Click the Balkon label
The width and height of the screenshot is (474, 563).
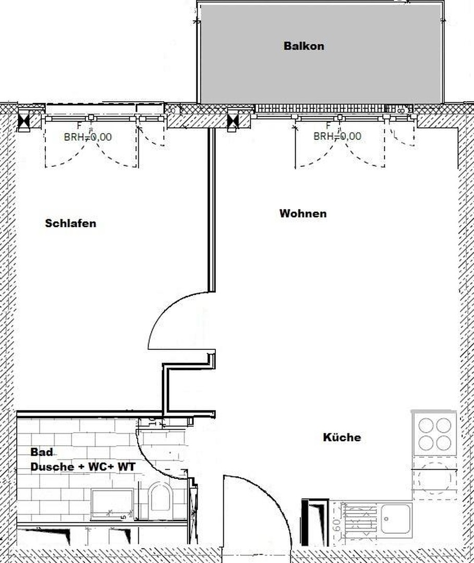pyautogui.click(x=303, y=46)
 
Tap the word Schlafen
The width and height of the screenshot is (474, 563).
pyautogui.click(x=70, y=224)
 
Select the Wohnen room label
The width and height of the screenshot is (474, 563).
pyautogui.click(x=303, y=214)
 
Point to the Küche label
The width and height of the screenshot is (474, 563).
pyautogui.click(x=342, y=437)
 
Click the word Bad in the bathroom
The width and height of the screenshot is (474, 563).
pyautogui.click(x=41, y=452)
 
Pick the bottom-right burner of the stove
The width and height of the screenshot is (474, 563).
pyautogui.click(x=444, y=443)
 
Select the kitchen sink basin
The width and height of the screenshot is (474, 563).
pyautogui.click(x=395, y=518)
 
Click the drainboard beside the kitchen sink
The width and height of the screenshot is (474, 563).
pyautogui.click(x=360, y=518)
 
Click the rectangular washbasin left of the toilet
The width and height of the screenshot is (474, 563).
pyautogui.click(x=112, y=504)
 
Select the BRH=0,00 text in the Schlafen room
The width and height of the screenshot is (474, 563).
pyautogui.click(x=88, y=138)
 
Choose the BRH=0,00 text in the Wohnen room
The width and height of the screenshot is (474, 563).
pyautogui.click(x=337, y=137)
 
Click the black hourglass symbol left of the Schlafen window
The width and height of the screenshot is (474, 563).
pyautogui.click(x=24, y=122)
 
